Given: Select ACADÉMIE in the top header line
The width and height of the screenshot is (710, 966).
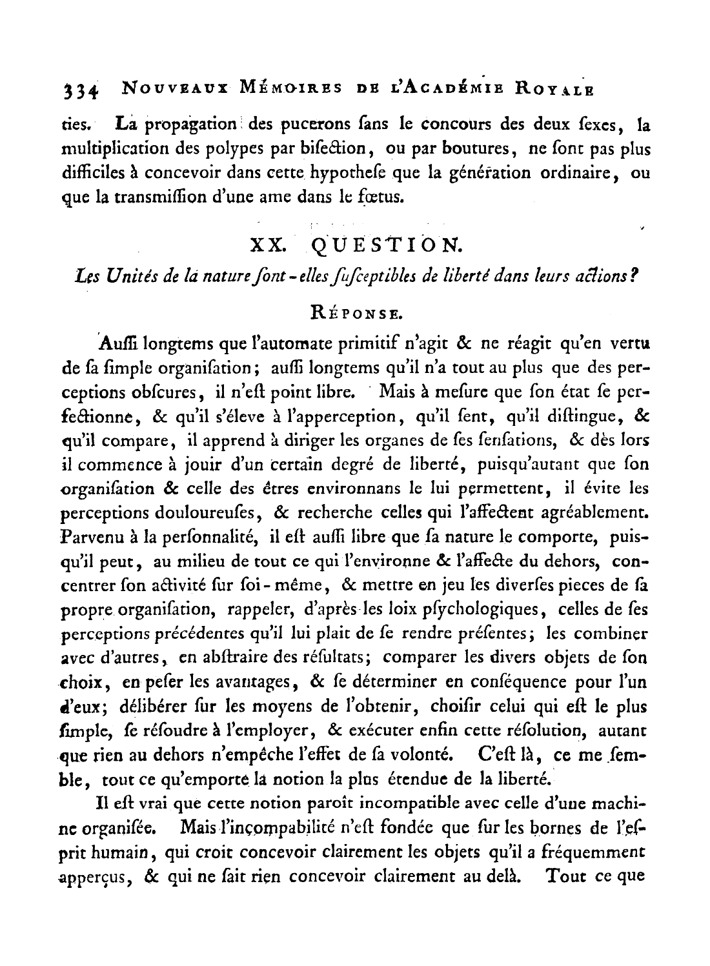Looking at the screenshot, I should point(451,87).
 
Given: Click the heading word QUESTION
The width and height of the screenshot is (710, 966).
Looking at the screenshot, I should point(386,246).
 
